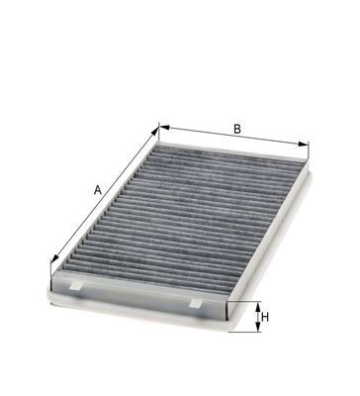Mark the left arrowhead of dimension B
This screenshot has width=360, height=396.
pyautogui.click(x=164, y=128)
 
